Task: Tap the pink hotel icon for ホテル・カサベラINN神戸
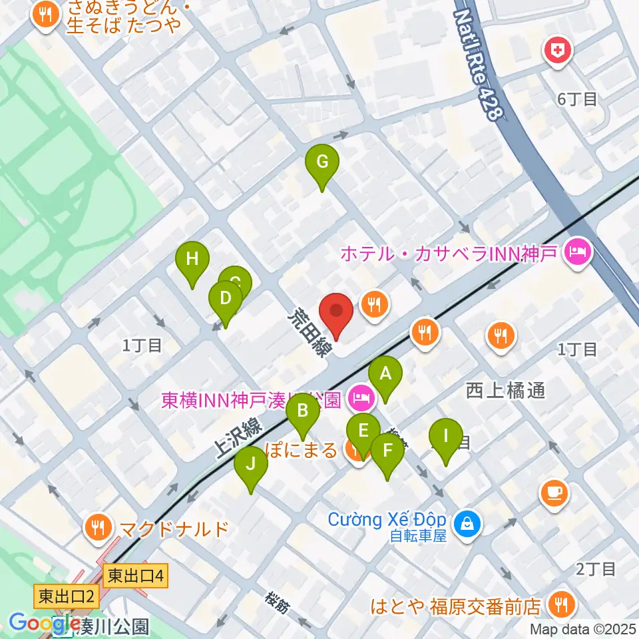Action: coord(576,253)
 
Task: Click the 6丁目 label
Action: coord(577,100)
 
